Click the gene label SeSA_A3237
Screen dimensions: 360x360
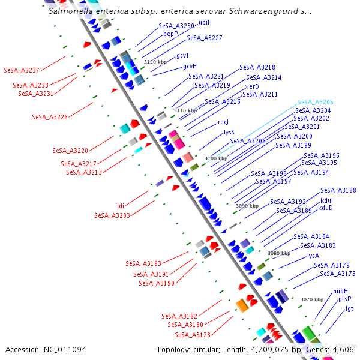22,70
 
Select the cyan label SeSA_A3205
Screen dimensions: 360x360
315,103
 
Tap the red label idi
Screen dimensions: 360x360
121,206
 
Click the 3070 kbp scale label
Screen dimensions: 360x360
312,299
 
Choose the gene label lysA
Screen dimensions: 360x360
313,256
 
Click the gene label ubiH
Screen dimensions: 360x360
205,22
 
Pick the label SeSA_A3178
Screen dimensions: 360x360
193,335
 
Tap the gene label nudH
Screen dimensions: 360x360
340,291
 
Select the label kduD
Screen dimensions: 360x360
325,208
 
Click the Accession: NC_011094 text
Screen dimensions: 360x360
46,349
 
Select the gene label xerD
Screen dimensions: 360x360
252,86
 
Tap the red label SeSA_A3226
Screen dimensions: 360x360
50,117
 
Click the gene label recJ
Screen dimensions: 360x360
223,122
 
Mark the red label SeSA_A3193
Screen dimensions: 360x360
143,263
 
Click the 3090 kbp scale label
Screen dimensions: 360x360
247,206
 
